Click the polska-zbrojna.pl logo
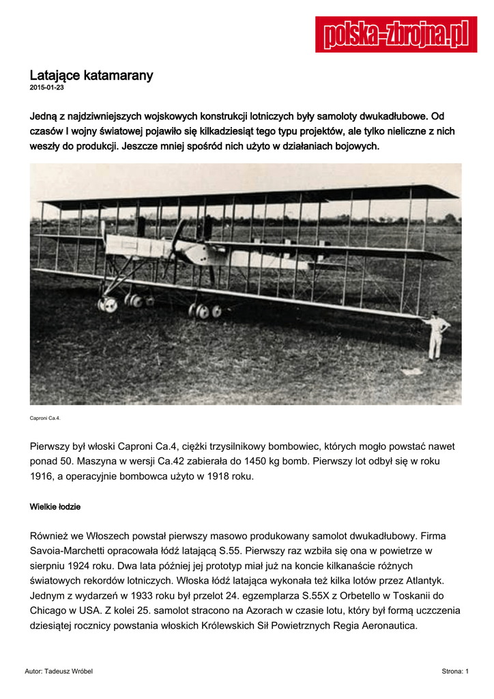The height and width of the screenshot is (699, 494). pos(396,35)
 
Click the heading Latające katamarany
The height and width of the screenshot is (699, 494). pos(91,75)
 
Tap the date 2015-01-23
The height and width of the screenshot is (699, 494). pos(46,88)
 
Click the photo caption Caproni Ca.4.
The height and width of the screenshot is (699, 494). pos(45,418)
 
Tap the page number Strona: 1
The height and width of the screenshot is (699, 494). pos(455,672)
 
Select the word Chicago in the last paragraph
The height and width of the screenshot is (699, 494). pos(53,610)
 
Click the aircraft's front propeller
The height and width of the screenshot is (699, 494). pos(177,239)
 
